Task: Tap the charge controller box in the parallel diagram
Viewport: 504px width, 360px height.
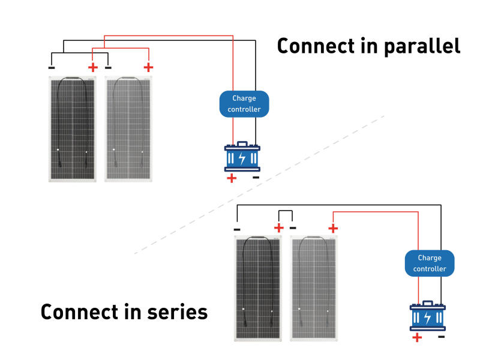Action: click(244, 104)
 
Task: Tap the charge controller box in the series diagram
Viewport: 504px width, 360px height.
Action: click(429, 263)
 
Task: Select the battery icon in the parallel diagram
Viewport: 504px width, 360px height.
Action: click(242, 158)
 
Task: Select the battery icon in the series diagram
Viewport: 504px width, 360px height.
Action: click(427, 317)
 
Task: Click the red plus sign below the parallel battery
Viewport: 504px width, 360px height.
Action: click(232, 178)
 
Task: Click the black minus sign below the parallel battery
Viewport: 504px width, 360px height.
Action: click(256, 178)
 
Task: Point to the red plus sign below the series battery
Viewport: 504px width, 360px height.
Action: click(417, 338)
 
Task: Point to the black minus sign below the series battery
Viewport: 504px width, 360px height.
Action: click(442, 337)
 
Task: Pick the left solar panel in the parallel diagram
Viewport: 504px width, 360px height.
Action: click(73, 128)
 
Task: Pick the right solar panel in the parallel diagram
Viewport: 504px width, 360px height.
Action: click(128, 128)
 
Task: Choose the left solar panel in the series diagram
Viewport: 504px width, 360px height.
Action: click(258, 289)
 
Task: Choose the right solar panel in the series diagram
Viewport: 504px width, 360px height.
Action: click(314, 289)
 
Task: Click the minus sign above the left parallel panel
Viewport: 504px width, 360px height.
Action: click(52, 68)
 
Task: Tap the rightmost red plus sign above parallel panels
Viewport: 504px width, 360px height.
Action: click(149, 68)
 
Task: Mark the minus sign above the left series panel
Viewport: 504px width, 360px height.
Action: click(237, 229)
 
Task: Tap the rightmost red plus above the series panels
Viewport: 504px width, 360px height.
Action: click(333, 229)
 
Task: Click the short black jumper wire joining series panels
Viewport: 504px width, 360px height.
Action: click(285, 211)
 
